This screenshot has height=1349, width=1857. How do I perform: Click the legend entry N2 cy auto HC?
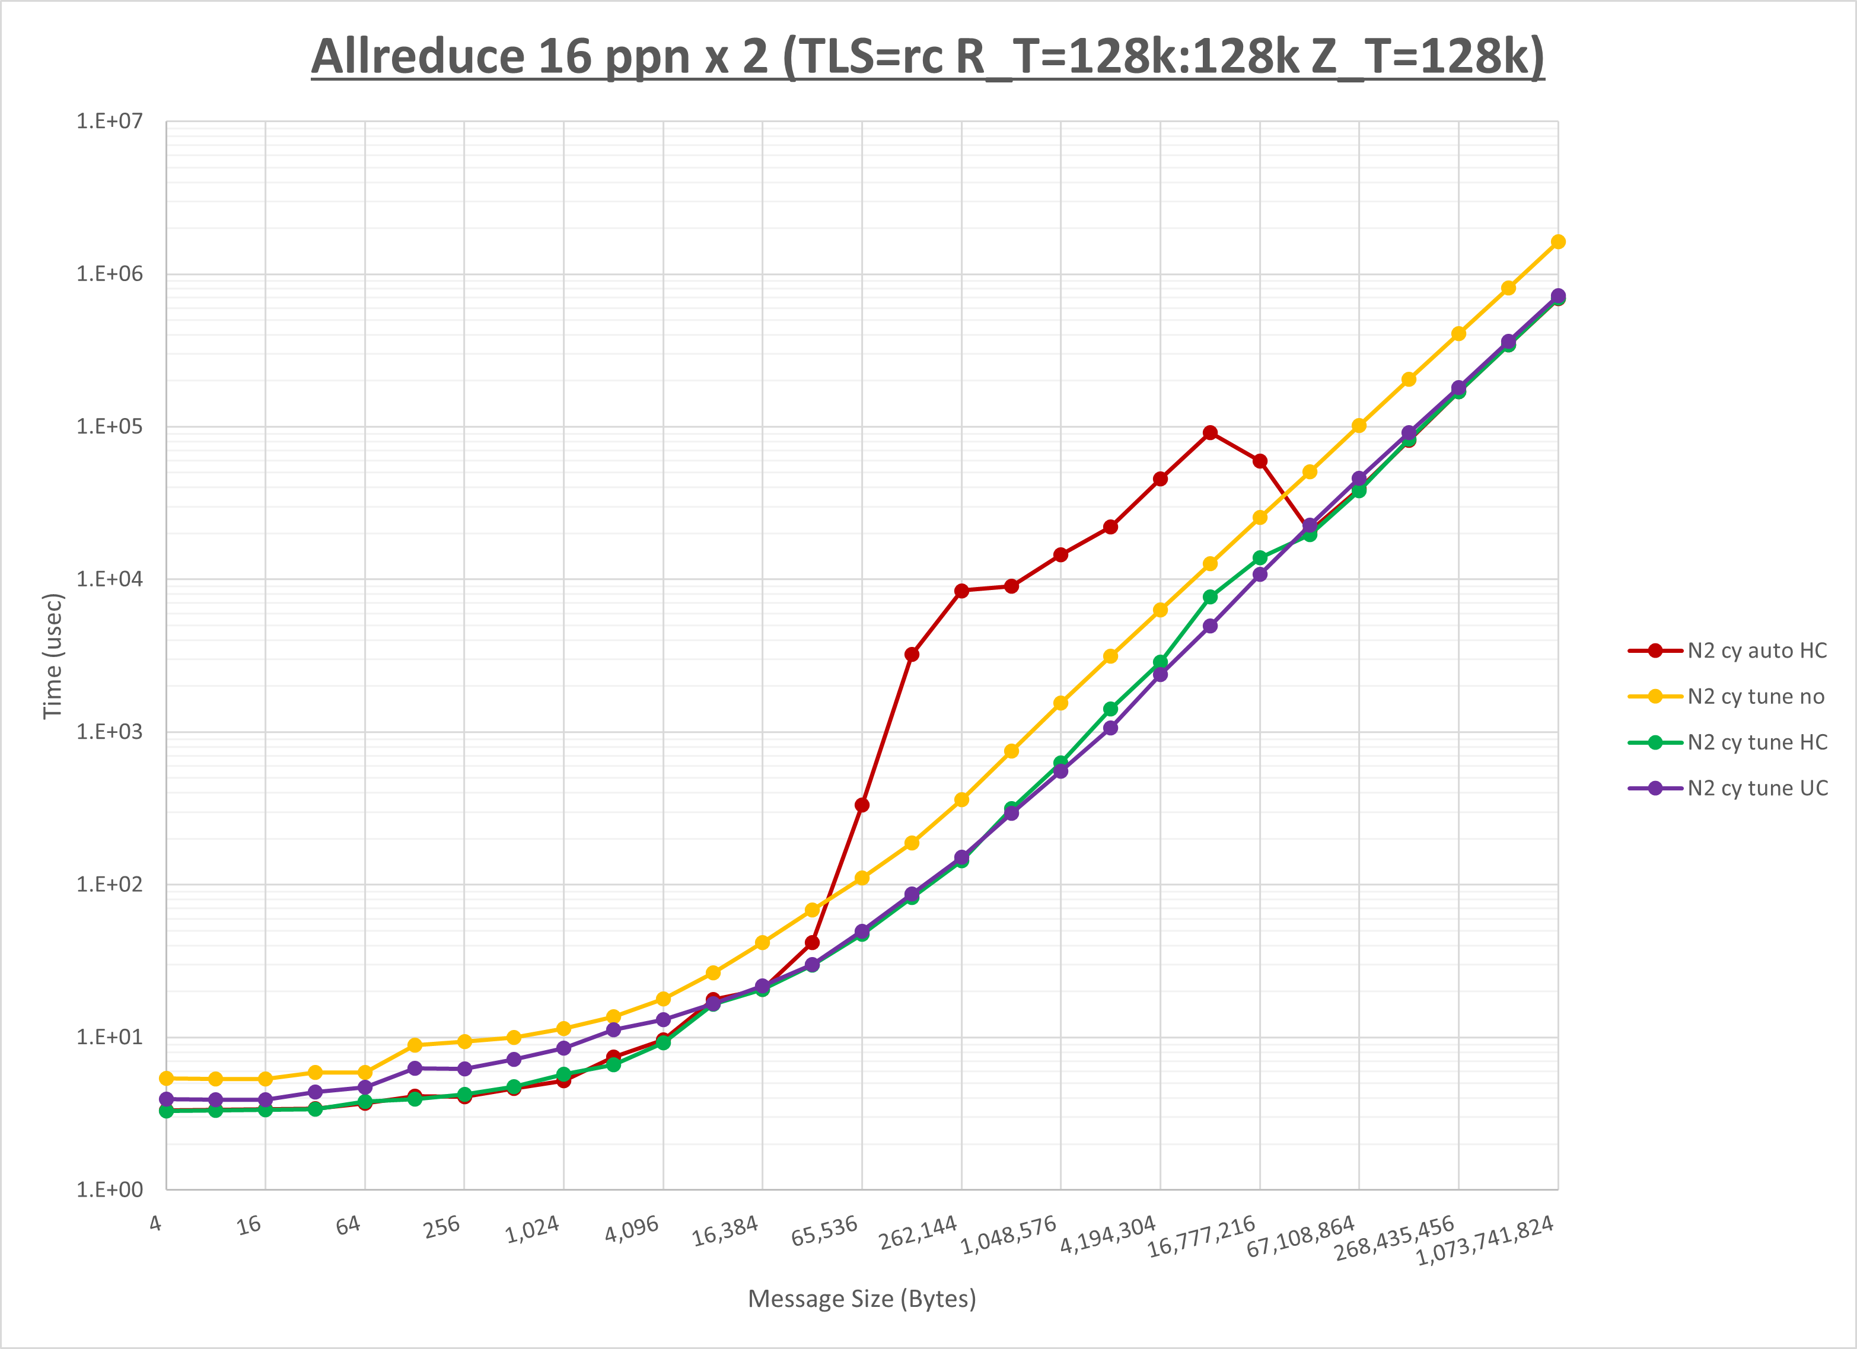point(1756,650)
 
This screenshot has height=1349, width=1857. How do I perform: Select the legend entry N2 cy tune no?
point(1756,697)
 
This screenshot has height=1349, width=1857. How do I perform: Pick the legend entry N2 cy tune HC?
point(1756,742)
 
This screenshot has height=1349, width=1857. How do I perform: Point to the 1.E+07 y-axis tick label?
point(109,121)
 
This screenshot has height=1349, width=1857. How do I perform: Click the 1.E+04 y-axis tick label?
point(109,579)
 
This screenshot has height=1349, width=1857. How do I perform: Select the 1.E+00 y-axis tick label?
point(109,1189)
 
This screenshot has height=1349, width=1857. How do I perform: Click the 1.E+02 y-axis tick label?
point(109,884)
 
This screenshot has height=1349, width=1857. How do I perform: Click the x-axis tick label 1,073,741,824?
point(1485,1240)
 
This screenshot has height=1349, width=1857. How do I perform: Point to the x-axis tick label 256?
point(442,1227)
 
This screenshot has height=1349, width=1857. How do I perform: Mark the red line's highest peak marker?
point(1210,432)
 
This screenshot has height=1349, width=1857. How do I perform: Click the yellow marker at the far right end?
point(1558,241)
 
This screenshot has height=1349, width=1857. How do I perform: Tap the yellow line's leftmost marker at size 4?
point(166,1078)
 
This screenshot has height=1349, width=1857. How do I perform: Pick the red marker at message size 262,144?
point(961,590)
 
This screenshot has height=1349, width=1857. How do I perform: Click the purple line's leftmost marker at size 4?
point(166,1099)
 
